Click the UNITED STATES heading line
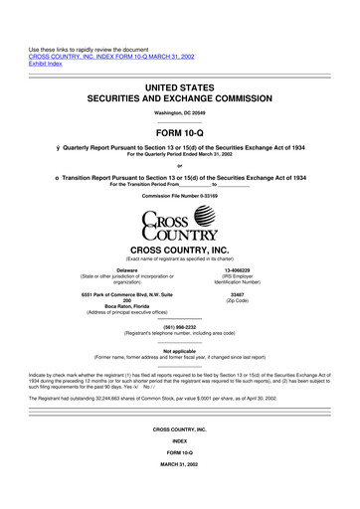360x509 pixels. [x=180, y=88]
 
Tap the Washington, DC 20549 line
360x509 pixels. [x=180, y=113]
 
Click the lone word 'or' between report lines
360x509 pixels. [x=180, y=165]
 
